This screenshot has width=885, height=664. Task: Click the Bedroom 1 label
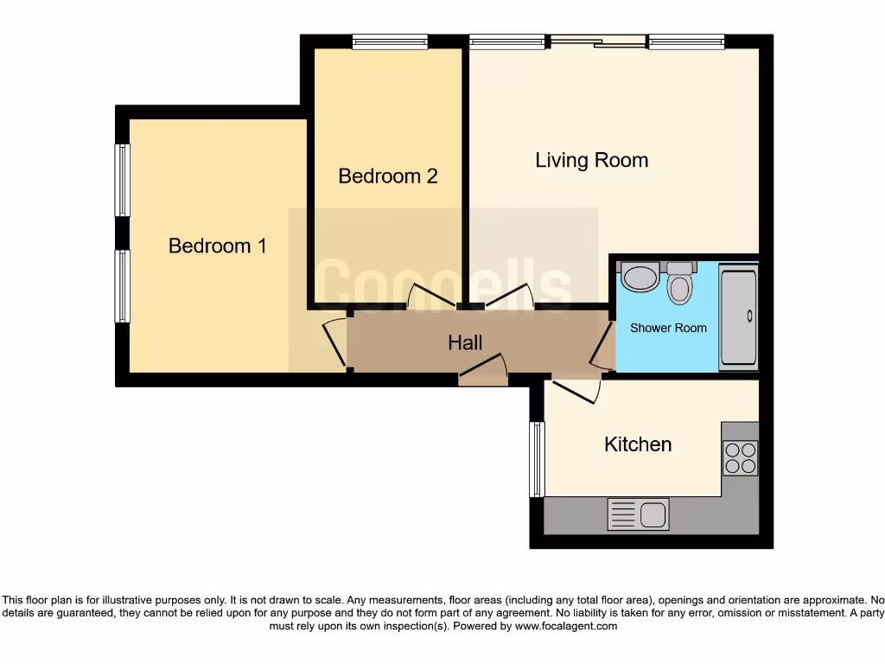217,246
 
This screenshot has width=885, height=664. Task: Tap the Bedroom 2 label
387,176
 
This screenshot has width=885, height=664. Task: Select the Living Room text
591,160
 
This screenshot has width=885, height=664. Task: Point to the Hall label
465,343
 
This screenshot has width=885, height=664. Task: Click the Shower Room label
668,328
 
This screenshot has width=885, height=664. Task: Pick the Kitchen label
637,444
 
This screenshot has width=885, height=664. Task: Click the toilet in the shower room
680,284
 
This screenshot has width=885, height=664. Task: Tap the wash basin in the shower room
640,278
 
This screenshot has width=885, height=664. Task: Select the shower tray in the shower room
739,317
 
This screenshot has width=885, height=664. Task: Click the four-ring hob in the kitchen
740,457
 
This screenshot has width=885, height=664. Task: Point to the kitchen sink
638,514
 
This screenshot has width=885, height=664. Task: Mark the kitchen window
537,459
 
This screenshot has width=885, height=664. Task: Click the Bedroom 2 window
390,41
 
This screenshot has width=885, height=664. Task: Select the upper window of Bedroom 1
123,180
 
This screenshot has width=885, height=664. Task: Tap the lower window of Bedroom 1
123,286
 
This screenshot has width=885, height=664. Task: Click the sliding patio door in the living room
598,41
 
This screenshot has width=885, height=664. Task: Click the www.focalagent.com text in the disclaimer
565,626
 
